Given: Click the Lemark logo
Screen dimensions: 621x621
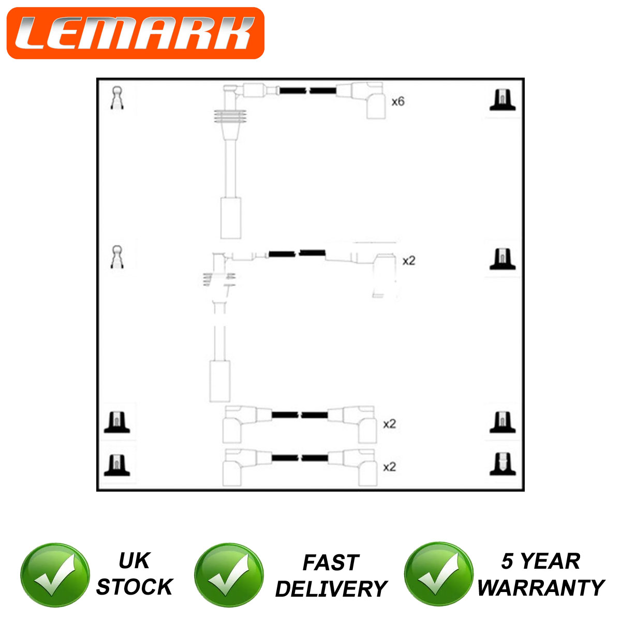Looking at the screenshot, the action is click(136, 33).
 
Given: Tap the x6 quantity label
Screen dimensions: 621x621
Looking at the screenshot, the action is click(397, 101).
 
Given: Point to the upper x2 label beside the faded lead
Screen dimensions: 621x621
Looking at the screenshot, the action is click(409, 260).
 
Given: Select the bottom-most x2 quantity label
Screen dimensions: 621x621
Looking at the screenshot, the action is click(389, 467).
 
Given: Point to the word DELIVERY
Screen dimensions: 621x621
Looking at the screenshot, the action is click(331, 589).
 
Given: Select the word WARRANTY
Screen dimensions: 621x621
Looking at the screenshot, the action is click(541, 587).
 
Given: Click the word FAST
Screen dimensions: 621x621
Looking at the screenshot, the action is click(331, 563).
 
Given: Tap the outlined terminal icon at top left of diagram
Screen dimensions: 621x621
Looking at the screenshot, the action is click(117, 98).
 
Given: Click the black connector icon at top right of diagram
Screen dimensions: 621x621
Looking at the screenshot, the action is click(502, 100).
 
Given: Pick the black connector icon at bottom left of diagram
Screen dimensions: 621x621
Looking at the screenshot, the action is click(116, 465).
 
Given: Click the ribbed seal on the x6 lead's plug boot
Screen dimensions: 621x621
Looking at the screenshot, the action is click(230, 116).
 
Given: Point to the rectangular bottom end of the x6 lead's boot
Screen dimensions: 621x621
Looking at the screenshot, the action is click(231, 218).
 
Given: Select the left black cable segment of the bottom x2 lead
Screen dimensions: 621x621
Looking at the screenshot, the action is click(285, 457).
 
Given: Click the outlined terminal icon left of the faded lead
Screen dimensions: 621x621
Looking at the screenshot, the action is click(117, 257).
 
